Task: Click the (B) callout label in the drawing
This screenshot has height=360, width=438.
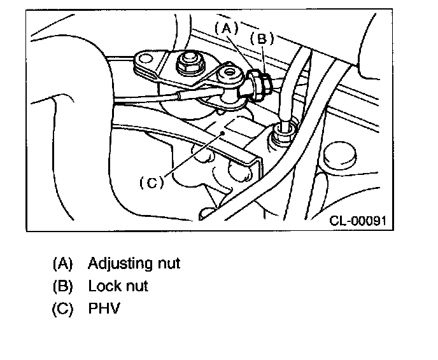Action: point(261,38)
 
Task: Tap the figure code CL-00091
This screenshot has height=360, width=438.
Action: point(358,221)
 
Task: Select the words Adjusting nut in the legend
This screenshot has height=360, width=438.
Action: point(134,263)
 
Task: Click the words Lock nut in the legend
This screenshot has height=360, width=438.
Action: point(118,286)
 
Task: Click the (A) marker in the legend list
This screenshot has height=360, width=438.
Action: point(63,263)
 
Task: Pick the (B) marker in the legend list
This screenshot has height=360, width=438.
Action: point(63,286)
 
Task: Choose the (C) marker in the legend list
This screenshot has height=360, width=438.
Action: point(63,310)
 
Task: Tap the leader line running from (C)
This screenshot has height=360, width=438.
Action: point(191,156)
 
